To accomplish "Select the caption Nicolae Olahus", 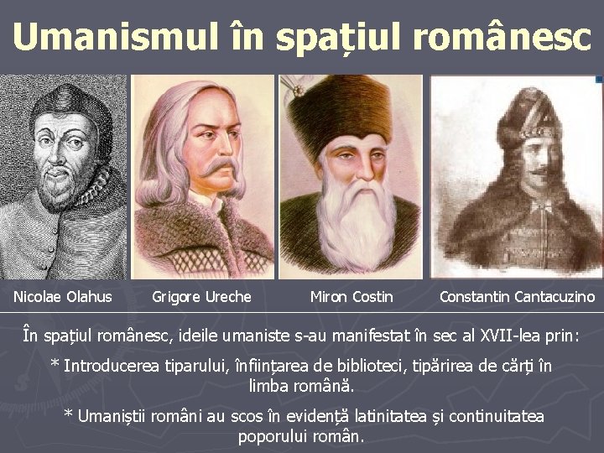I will click(63, 296).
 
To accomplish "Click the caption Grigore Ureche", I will click(201, 296).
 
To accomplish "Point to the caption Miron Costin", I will click(351, 296).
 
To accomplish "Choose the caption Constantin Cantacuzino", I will click(517, 296).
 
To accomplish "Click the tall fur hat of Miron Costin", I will click(352, 105).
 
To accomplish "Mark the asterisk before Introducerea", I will click(55, 366).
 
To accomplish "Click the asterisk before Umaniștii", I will click(69, 416).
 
